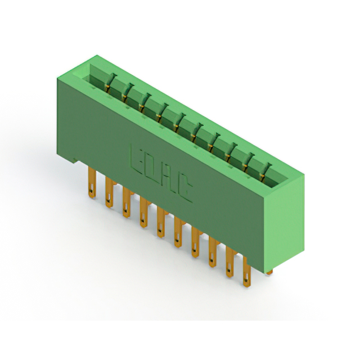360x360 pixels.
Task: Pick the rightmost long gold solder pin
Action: click(x=247, y=272)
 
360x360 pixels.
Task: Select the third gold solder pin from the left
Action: click(x=126, y=202)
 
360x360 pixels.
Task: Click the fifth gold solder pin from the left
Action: click(x=161, y=222)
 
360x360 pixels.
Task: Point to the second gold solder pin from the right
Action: click(x=229, y=262)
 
